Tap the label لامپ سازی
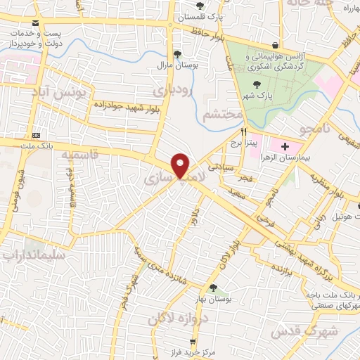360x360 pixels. click(x=173, y=180)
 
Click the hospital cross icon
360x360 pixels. click(x=284, y=147)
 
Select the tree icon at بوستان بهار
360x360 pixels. click(x=213, y=287)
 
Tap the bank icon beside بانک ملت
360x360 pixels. click(x=36, y=135)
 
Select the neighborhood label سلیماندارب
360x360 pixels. click(x=34, y=256)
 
